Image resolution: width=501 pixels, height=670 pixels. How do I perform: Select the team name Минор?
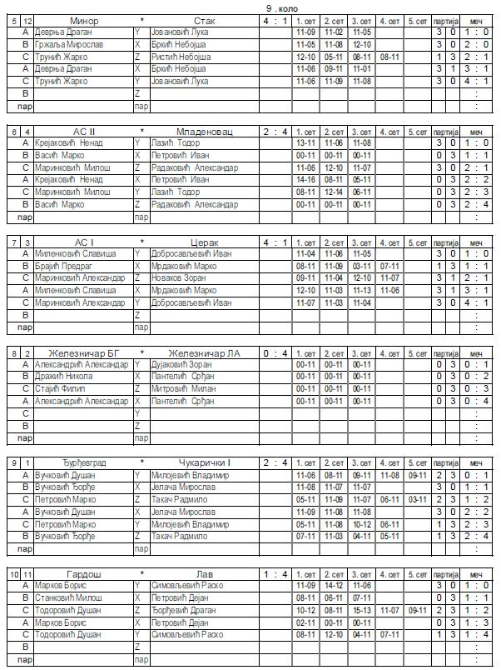coord(84,20)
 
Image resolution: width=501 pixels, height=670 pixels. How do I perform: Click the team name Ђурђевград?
coord(84,463)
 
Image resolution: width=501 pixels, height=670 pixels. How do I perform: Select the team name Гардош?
coord(84,574)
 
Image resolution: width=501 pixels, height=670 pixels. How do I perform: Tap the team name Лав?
coord(204,574)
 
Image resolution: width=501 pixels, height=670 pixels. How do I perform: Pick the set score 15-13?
coord(361,611)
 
